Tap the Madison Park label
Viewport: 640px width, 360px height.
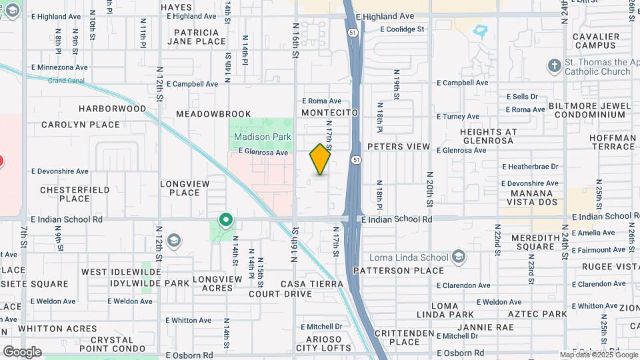click(x=263, y=137)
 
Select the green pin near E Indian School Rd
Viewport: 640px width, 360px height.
click(x=226, y=219)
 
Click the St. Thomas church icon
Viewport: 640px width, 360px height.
click(x=553, y=66)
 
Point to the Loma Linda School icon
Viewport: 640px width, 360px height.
click(x=459, y=257)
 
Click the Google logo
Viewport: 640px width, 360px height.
click(x=21, y=352)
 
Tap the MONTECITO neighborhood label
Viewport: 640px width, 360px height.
click(x=330, y=113)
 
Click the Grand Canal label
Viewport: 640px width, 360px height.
click(x=67, y=81)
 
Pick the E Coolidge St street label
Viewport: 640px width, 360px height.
click(x=402, y=29)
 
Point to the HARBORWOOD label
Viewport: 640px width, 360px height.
click(x=112, y=108)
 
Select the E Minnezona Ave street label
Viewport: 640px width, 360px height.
click(x=59, y=68)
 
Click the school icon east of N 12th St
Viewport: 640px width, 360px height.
click(x=174, y=240)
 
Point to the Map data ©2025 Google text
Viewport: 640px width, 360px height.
click(x=597, y=355)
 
